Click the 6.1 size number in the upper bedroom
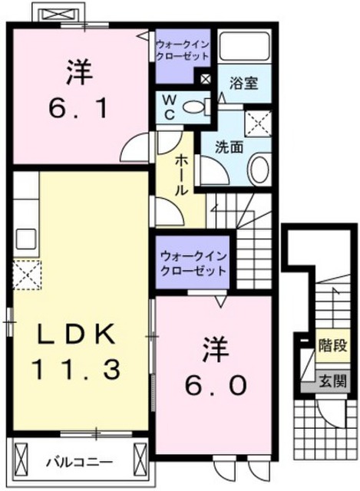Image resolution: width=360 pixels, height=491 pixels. click(78, 108)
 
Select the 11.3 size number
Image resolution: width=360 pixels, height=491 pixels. click(76, 370)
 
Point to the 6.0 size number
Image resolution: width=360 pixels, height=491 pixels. click(216, 385)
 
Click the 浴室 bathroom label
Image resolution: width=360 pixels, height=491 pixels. click(244, 83)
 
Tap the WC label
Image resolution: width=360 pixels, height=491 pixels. click(170, 107)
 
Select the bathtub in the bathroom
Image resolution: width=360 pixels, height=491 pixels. click(245, 46)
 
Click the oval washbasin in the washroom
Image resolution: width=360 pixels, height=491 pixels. click(259, 170)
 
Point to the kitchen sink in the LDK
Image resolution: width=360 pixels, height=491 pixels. click(25, 239)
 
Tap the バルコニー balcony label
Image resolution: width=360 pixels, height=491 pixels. click(80, 462)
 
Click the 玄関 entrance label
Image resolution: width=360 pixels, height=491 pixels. click(332, 381)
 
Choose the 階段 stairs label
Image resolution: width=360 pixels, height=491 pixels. click(332, 346)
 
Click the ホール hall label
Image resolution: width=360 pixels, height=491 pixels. click(181, 176)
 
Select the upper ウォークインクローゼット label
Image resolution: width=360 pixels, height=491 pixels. click(183, 51)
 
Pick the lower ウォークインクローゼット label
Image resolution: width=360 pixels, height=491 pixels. click(193, 263)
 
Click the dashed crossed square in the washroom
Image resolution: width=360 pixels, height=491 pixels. click(258, 124)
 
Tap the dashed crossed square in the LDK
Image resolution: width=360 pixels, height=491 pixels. click(27, 275)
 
